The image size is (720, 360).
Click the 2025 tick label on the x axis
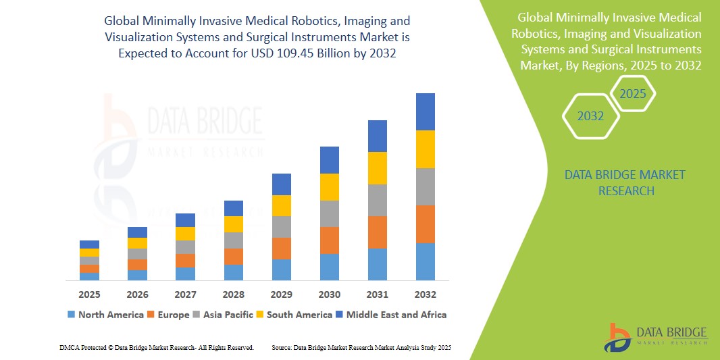coord(89,294)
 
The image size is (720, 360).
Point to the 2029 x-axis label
coord(282,294)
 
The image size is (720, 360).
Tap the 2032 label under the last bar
coord(426,294)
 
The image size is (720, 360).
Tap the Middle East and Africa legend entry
coord(392,315)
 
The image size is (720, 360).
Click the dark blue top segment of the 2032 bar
coord(426,111)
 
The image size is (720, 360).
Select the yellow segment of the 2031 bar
coord(378,168)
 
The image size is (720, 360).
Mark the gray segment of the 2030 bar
coord(330,213)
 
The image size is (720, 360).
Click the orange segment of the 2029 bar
coord(282,248)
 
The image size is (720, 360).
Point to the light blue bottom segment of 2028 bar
coord(234,272)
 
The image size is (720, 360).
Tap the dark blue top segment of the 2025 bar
coord(89,245)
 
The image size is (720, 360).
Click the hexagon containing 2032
coord(591,116)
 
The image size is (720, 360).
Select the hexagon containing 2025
coord(633,94)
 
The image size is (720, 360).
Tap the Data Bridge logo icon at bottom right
coord(618,336)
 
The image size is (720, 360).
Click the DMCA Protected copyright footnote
coord(157,347)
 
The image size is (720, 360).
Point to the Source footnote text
coord(361,347)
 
